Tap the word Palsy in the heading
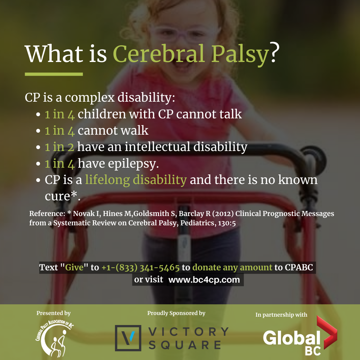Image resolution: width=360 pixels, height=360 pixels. coord(240,55)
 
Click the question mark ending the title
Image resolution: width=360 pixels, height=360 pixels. coord(275,52)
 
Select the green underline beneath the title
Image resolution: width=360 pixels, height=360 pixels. coord(54,74)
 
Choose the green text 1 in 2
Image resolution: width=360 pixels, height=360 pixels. coord(59,147)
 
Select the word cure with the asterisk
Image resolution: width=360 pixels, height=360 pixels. coord(63,196)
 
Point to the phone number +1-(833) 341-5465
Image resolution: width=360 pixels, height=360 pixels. coord(141,268)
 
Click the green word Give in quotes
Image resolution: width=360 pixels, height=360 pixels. coord(74,267)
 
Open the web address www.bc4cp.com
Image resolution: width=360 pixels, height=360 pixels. coord(204,280)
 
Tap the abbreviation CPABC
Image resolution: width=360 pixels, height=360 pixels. coord(299,267)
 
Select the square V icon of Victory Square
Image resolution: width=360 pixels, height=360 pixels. coord(128,338)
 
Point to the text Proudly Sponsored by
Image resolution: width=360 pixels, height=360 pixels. coord(176,313)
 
